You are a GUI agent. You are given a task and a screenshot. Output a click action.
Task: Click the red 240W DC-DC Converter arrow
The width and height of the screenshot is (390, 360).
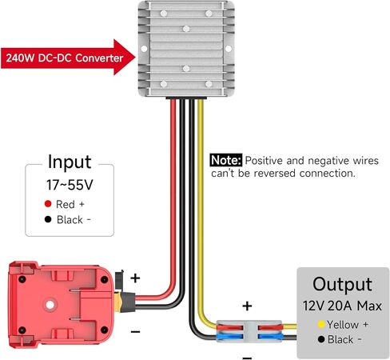pos(68,58)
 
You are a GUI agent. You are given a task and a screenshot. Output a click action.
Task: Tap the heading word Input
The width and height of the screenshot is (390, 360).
pos(70,162)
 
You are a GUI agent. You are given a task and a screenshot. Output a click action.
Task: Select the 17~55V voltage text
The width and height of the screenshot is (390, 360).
pos(70,185)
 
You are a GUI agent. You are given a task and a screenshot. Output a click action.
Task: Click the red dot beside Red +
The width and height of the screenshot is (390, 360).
pos(48,204)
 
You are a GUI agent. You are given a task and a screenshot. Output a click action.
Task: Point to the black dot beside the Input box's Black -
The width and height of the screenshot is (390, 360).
pos(48,219)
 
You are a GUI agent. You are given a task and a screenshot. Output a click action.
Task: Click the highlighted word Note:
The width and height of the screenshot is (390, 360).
pos(226,160)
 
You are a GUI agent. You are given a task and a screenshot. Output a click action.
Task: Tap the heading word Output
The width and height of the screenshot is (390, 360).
pos(342,285)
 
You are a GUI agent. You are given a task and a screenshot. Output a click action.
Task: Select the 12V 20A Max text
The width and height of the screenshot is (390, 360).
pos(342,306)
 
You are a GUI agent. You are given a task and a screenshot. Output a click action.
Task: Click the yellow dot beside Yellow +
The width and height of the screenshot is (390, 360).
pos(321,324)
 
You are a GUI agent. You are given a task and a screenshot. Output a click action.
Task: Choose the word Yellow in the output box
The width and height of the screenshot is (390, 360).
pos(343,325)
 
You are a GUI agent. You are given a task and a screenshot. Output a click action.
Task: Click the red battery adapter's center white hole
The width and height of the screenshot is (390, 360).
pos(50,305)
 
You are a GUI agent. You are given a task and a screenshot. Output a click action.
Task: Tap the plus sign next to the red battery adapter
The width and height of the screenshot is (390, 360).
pos(135,278)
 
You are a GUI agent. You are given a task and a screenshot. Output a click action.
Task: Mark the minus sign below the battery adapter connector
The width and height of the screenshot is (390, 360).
pos(135,332)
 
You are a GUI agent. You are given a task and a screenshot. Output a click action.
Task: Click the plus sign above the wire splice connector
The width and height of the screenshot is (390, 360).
pos(247,306)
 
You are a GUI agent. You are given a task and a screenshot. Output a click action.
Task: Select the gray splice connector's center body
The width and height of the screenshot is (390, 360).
pos(250,331)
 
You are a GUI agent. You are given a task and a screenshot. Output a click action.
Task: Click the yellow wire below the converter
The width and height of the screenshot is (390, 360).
pos(201,214)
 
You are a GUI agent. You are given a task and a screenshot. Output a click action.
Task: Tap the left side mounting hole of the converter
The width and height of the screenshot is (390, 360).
pos(144,49)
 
